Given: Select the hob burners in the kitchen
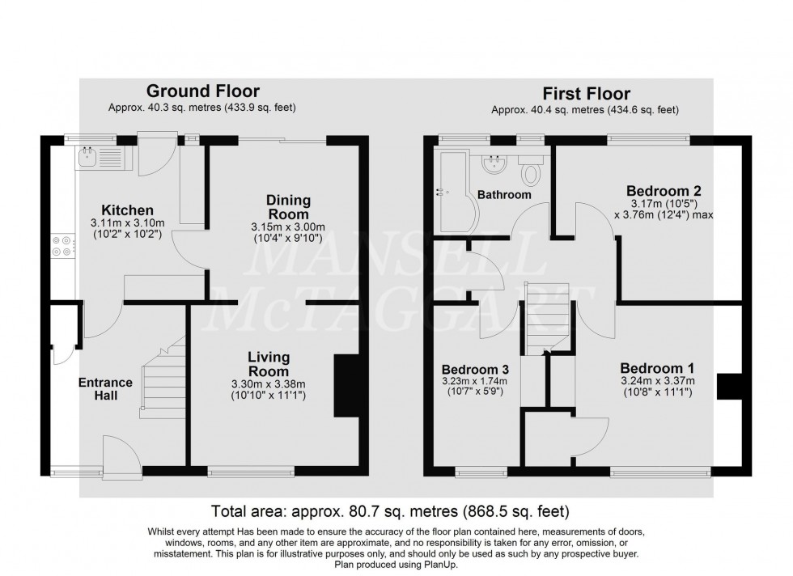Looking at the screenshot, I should coord(61,245).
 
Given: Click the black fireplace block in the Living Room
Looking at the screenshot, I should coord(346,387).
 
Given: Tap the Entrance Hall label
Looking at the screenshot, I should coord(105,389).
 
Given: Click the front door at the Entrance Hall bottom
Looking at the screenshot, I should coord(121,455).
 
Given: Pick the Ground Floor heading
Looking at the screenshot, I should coord(202,91).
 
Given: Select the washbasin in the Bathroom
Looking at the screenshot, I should coord(491,166).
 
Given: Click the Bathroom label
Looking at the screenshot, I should coord(504,195).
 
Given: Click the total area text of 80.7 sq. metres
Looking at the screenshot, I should coord(390,512).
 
